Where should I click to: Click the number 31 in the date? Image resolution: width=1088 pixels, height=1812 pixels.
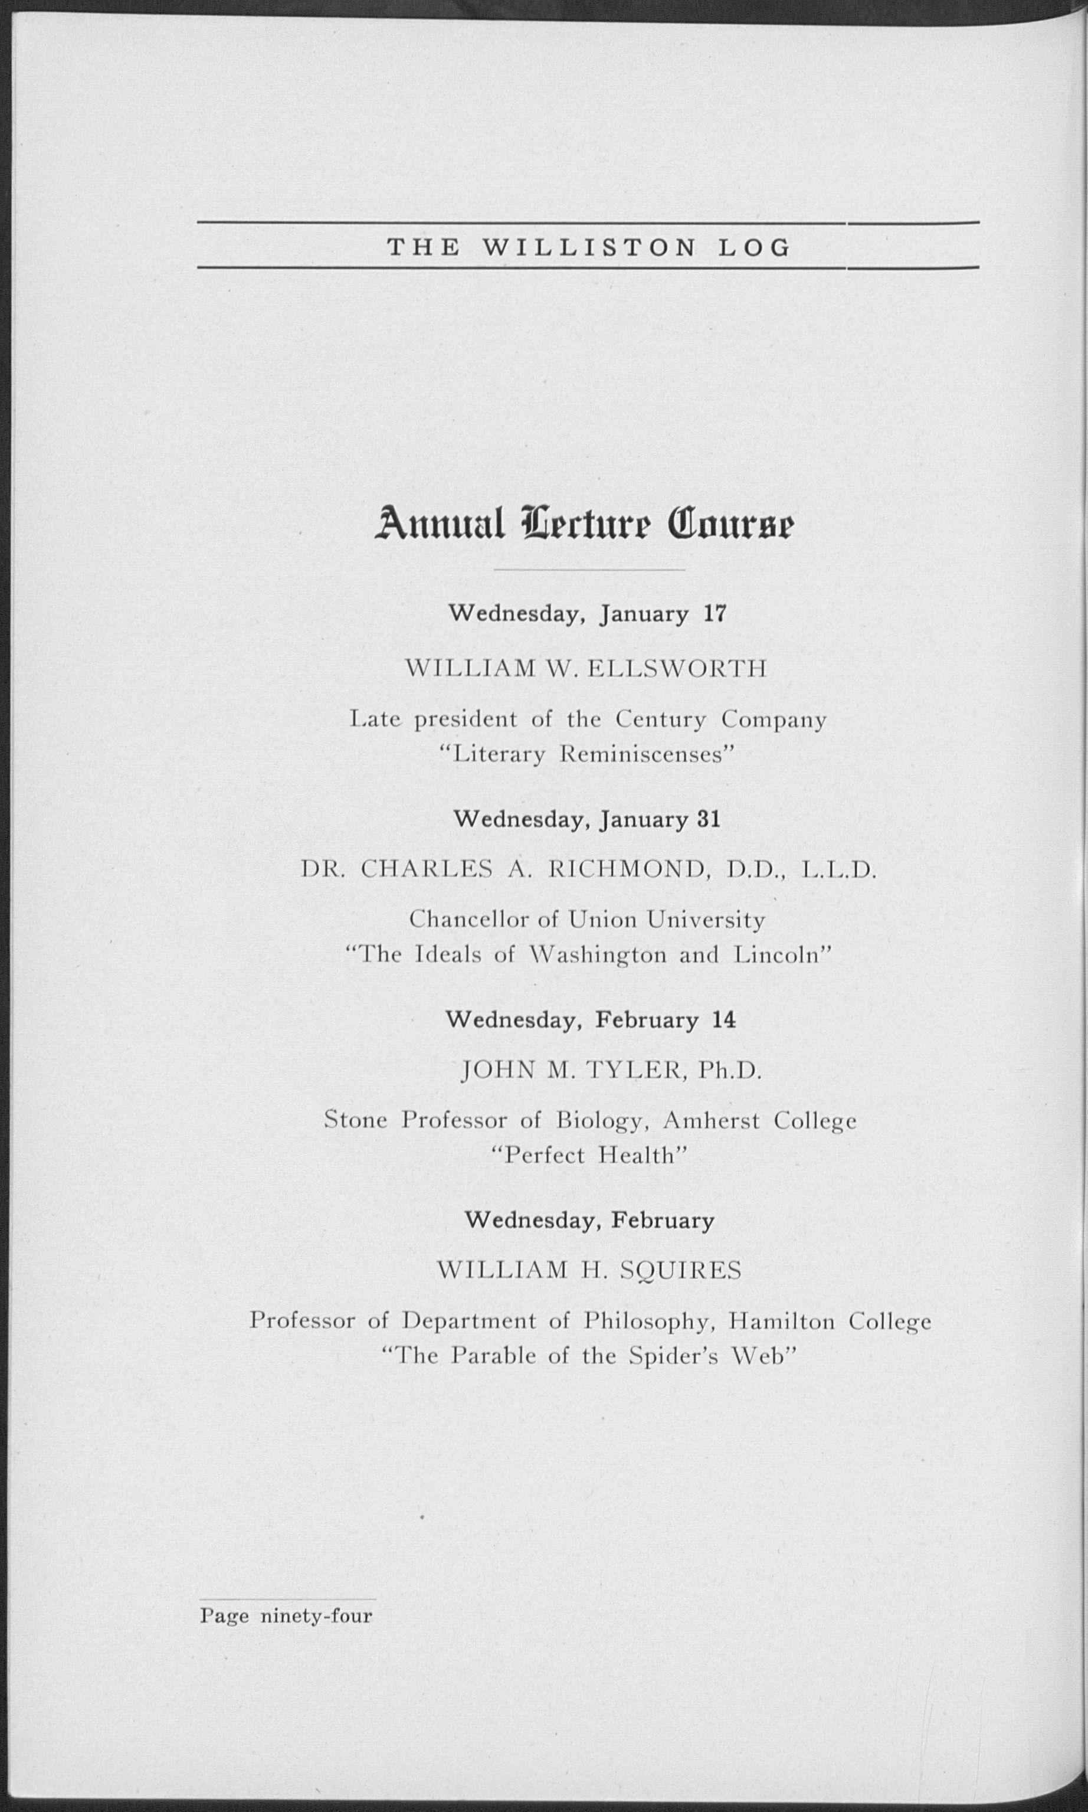click(708, 819)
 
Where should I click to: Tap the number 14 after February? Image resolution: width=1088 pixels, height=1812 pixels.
click(723, 1020)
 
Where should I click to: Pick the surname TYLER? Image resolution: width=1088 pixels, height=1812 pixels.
click(635, 1071)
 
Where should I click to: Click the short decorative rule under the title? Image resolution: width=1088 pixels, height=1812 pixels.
click(589, 569)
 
